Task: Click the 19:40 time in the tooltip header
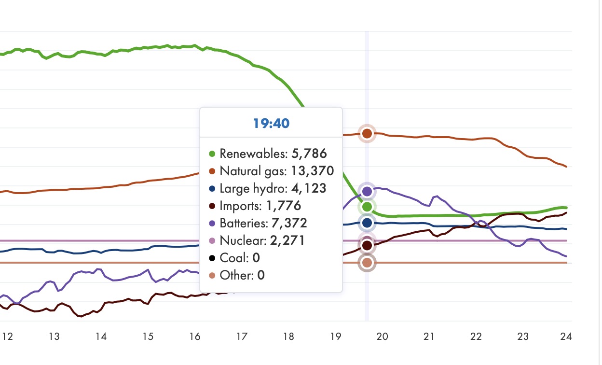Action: [x=271, y=123]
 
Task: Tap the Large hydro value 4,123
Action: [x=307, y=188]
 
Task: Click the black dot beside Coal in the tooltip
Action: [x=212, y=258]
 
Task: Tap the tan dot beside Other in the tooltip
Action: [x=212, y=276]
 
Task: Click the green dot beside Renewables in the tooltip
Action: [x=212, y=154]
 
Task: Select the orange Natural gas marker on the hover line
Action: [x=367, y=133]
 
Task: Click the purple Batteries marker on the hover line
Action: [x=367, y=191]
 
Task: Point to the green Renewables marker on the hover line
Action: [x=367, y=207]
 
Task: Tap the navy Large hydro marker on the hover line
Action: [x=367, y=223]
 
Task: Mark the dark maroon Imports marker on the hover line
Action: [x=367, y=245]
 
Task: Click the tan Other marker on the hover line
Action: [x=367, y=263]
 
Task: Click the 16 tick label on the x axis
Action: [x=194, y=337]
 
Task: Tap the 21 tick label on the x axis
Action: [x=429, y=337]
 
